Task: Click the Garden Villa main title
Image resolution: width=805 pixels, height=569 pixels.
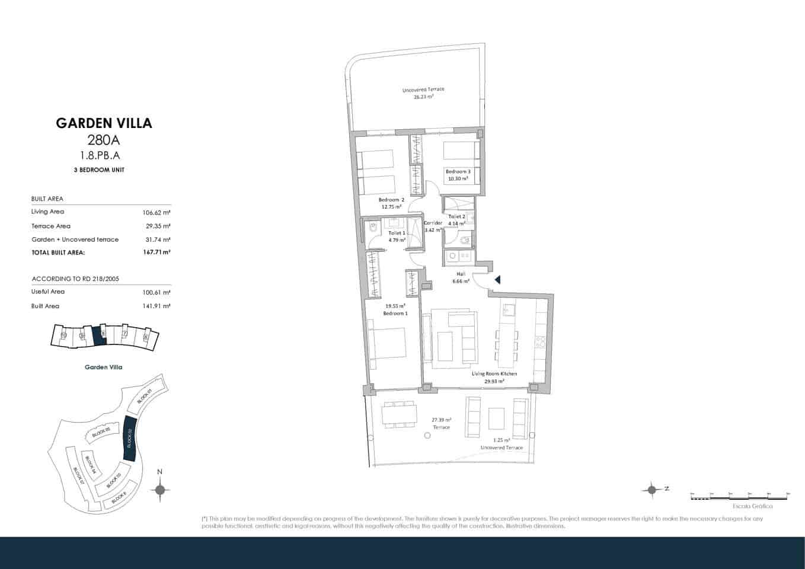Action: pos(104,123)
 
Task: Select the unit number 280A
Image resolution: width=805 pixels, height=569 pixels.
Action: pos(104,140)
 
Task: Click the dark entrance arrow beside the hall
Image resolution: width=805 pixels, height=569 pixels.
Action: pos(497,280)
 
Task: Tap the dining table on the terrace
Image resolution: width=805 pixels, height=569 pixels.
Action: pos(398,413)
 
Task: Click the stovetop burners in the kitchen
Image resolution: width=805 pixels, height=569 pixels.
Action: pos(540,341)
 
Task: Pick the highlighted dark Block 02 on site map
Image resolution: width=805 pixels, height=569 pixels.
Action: pos(129,439)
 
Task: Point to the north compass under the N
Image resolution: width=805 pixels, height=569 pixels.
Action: pos(159,490)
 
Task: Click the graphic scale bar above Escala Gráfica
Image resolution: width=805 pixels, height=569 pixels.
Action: pos(740,496)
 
